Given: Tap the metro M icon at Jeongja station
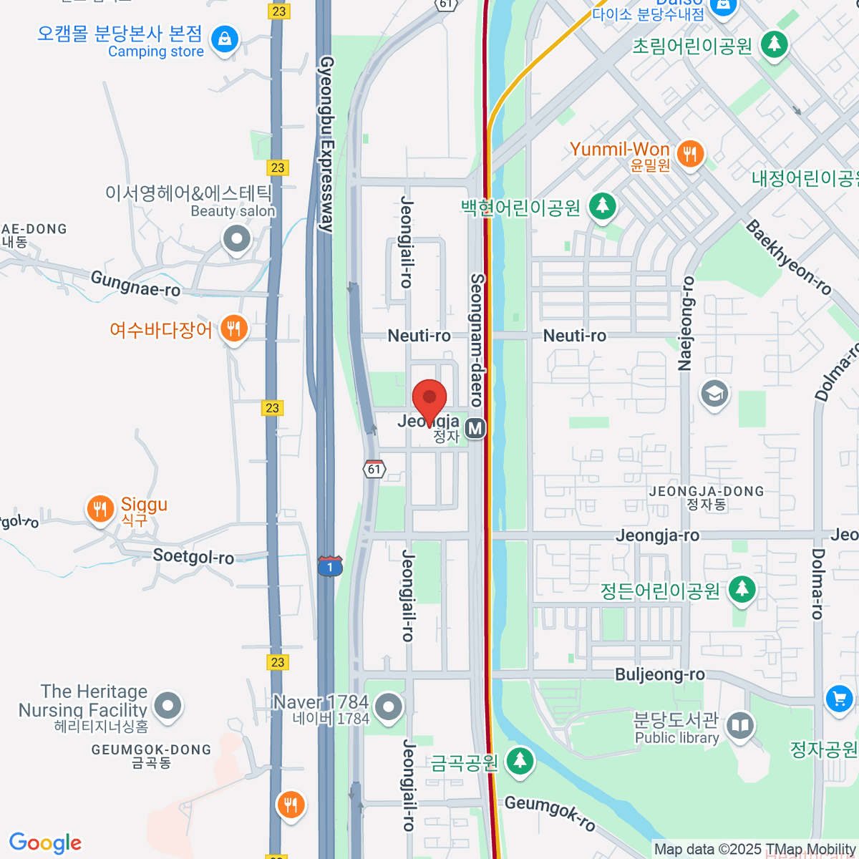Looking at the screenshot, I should [475, 428].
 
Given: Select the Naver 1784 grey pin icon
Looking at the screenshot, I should [389, 707].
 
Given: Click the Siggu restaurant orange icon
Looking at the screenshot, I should [100, 508].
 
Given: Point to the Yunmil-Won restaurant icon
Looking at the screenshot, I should [690, 153].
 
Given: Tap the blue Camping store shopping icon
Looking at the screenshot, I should [225, 39].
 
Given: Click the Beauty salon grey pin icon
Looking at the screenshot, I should [237, 238].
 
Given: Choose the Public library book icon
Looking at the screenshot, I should [740, 726].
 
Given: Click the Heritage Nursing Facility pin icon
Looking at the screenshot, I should [168, 705].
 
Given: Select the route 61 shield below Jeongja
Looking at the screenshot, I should [374, 469].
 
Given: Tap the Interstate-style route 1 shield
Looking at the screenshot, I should [330, 566].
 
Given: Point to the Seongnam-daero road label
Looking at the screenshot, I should [477, 340].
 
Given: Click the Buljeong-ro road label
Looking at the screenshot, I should [660, 674].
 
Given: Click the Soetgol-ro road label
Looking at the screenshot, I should [193, 556].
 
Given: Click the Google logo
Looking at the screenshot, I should [45, 843].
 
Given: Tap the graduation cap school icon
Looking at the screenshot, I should [714, 393].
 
